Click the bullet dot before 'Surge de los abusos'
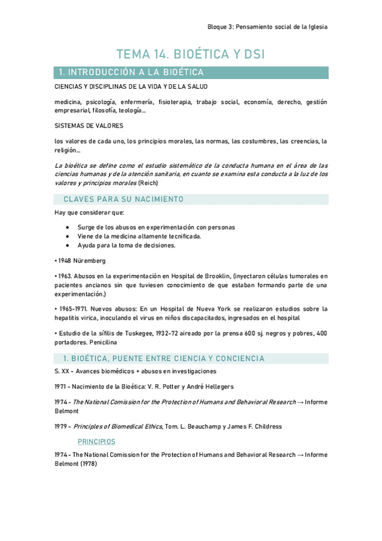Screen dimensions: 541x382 coord(68,227)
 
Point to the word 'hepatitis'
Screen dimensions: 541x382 coord(69,318)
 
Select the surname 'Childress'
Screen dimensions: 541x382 coord(263,426)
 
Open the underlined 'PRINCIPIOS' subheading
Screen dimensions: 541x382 coord(96,441)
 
